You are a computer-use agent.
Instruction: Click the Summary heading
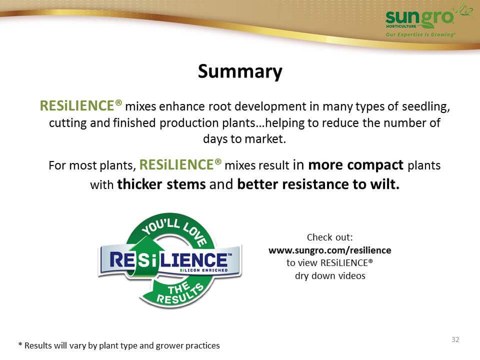(x=240, y=71)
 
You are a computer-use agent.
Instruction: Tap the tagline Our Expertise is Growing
(x=420, y=34)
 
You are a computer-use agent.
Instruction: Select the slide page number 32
(x=455, y=339)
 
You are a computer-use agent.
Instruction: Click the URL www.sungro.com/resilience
(x=329, y=250)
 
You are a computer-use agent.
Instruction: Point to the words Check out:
(x=329, y=237)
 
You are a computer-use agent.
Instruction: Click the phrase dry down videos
(x=330, y=276)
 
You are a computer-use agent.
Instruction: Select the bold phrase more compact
(x=355, y=165)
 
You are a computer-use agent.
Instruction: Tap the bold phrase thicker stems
(x=161, y=184)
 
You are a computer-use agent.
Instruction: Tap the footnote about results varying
(x=119, y=345)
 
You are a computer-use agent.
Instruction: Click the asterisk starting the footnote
(x=20, y=344)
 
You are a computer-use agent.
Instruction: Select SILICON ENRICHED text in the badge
(x=203, y=270)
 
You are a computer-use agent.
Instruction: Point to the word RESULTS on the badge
(x=180, y=294)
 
